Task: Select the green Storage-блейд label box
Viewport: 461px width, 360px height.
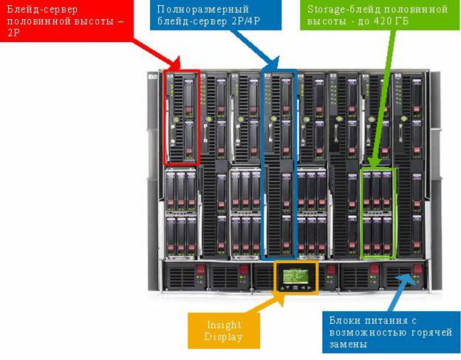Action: click(x=378, y=15)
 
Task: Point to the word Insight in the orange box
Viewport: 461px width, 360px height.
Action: click(x=224, y=325)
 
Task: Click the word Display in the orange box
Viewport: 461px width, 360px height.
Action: click(x=224, y=338)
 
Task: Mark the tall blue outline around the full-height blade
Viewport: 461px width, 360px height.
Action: click(x=263, y=163)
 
